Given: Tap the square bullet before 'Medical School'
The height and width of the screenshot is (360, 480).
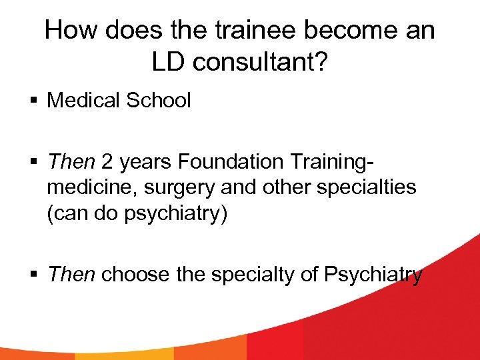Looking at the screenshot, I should (x=35, y=101).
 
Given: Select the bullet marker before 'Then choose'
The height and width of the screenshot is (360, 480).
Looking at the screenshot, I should (x=35, y=275).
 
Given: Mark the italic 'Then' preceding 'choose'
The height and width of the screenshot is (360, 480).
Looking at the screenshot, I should (x=71, y=274).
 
